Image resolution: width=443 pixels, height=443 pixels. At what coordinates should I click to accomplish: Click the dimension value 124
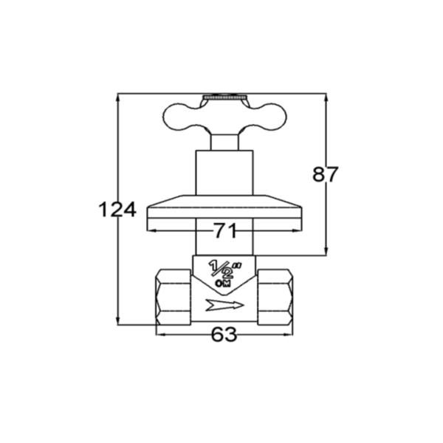117,210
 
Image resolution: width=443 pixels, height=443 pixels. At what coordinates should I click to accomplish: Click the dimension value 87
325,174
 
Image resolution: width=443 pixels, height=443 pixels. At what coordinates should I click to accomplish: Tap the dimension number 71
225,230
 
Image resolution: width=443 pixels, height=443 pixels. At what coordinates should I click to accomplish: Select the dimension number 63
224,334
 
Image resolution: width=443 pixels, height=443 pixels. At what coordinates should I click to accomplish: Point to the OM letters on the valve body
223,284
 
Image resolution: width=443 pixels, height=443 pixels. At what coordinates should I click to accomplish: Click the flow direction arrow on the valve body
224,305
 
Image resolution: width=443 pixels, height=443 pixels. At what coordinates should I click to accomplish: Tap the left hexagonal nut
174,297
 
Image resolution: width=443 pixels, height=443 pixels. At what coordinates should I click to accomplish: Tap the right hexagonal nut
275,297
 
